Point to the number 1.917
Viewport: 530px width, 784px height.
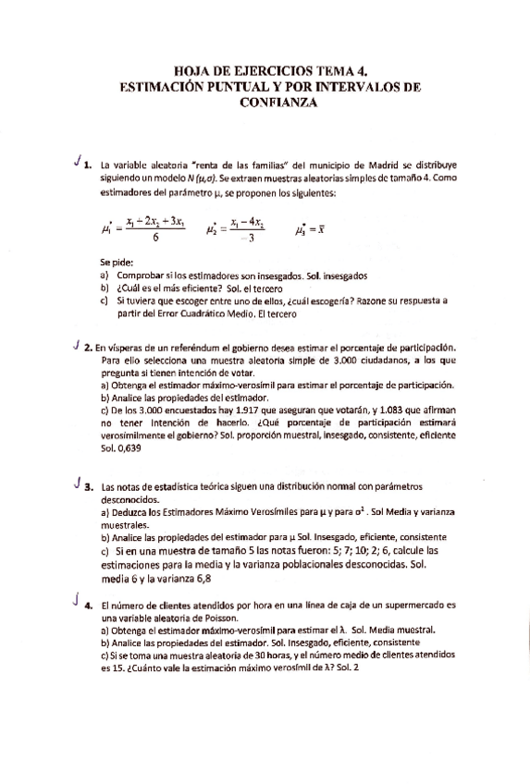coord(239,408)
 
